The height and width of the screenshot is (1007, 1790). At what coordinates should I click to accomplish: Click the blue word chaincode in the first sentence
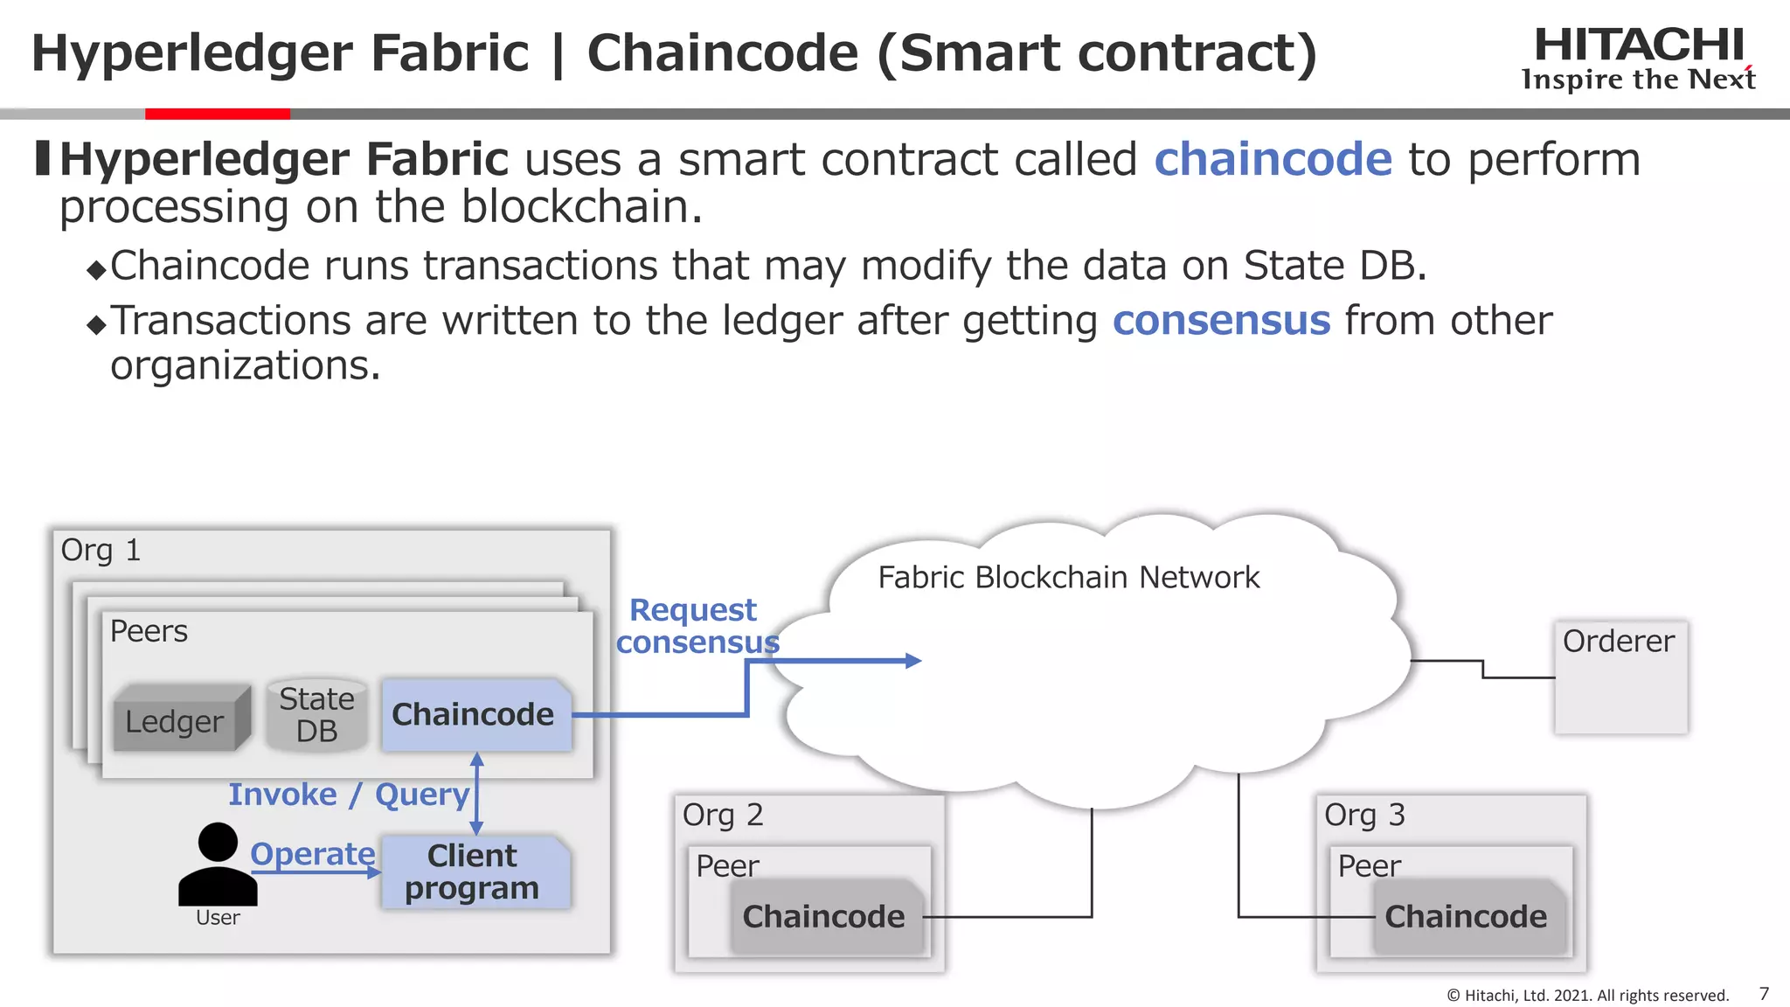[x=1273, y=160]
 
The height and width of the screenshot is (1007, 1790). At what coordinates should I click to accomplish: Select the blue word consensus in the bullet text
[x=1221, y=321]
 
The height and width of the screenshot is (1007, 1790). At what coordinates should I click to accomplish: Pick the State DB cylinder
[x=316, y=715]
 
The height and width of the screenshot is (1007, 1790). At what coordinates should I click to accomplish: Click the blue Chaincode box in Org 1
[x=475, y=714]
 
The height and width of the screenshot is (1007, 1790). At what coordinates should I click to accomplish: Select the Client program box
[x=473, y=872]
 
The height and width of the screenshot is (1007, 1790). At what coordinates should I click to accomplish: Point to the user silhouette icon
[x=218, y=865]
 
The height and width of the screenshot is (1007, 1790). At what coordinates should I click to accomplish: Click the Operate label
[x=312, y=853]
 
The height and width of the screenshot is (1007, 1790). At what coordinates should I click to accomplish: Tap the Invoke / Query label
[x=349, y=794]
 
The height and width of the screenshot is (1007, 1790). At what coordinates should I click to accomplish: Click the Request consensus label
[x=696, y=626]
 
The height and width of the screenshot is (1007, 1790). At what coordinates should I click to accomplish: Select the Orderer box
[x=1620, y=677]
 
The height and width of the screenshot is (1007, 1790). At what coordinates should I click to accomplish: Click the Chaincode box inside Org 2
[x=824, y=916]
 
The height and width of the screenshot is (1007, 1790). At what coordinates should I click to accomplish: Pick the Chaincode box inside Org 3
[x=1467, y=916]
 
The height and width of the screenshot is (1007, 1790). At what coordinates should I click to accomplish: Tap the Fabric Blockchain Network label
[x=1068, y=577]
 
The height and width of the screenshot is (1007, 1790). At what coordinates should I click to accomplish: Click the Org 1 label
[x=100, y=550]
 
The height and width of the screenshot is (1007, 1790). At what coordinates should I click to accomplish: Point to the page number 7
[x=1764, y=994]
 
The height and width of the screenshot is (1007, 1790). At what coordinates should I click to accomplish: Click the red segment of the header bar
[x=217, y=114]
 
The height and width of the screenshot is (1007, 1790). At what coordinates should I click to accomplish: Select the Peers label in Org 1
[x=149, y=631]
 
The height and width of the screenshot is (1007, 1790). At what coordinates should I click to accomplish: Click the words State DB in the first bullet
[x=1334, y=266]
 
